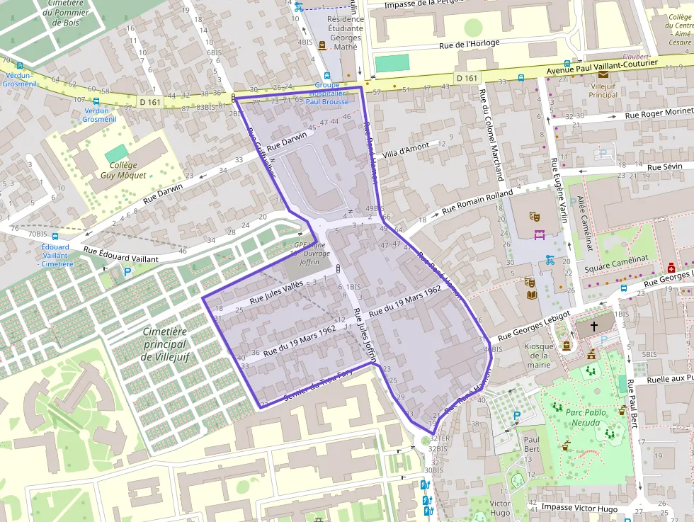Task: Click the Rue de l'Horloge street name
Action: coord(469,44)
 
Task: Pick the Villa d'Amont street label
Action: coord(406,150)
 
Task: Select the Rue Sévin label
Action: coord(664,167)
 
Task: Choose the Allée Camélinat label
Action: coord(586,224)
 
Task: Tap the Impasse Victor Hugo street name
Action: coord(579,508)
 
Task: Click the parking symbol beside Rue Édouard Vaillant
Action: coord(127,271)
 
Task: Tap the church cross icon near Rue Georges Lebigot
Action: coord(593,327)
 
